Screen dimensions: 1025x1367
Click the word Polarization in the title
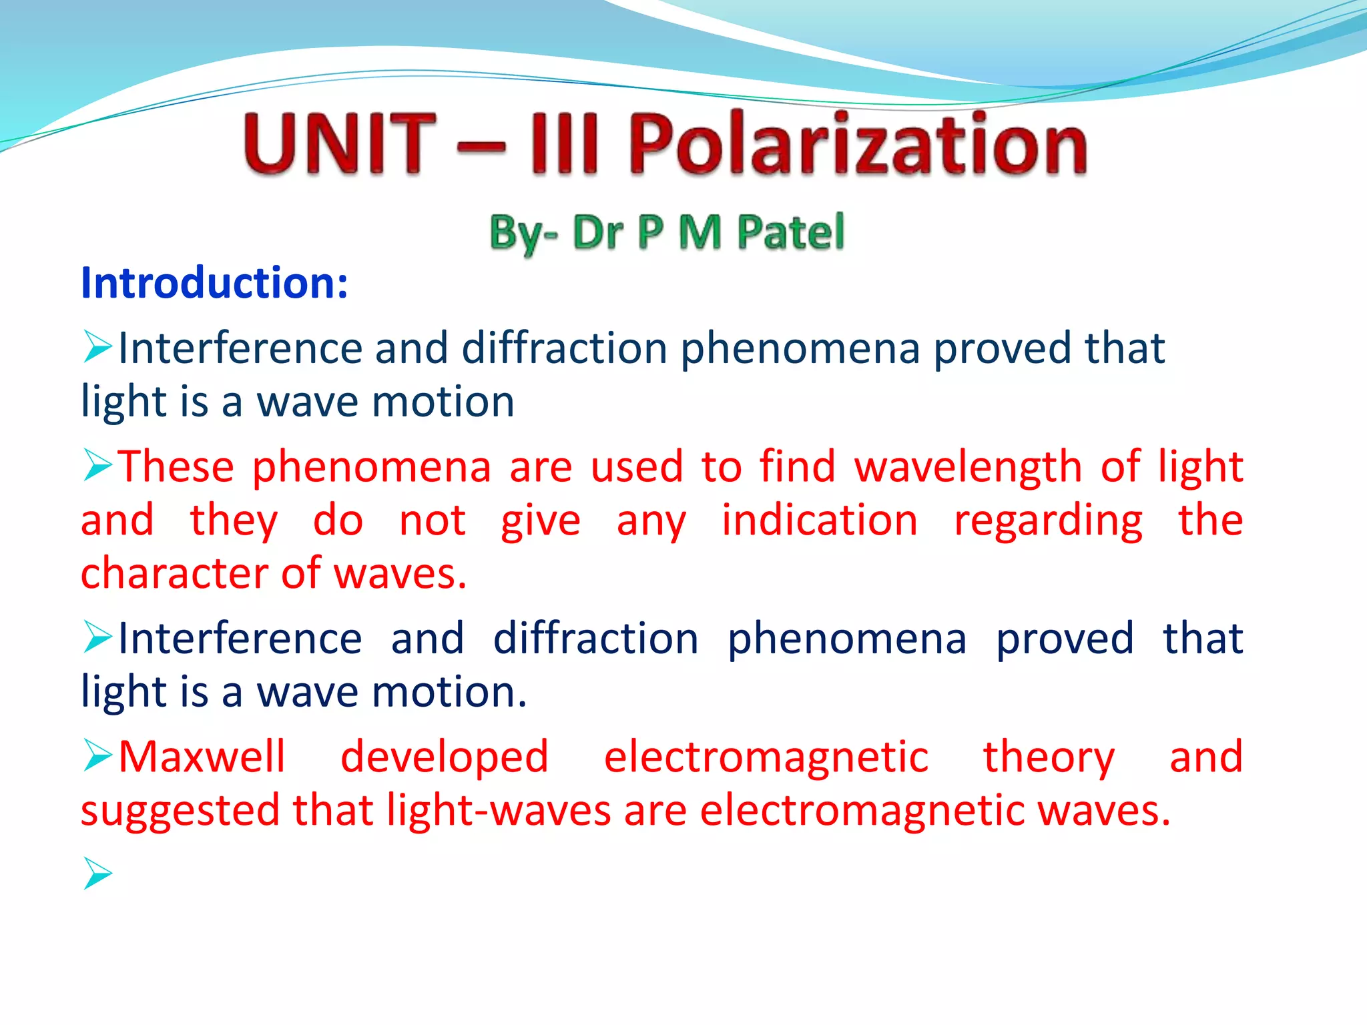[x=858, y=143]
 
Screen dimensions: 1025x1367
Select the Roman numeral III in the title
[x=563, y=143]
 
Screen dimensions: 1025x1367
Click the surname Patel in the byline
[x=791, y=232]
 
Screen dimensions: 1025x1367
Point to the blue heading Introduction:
[x=214, y=283]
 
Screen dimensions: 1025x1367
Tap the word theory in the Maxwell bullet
[x=1049, y=757]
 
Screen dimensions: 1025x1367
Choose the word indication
[x=820, y=520]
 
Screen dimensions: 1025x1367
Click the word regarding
[x=1049, y=520]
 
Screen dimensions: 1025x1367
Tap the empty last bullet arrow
[x=97, y=874]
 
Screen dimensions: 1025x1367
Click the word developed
[x=445, y=757]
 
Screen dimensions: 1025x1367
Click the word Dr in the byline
[x=599, y=232]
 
